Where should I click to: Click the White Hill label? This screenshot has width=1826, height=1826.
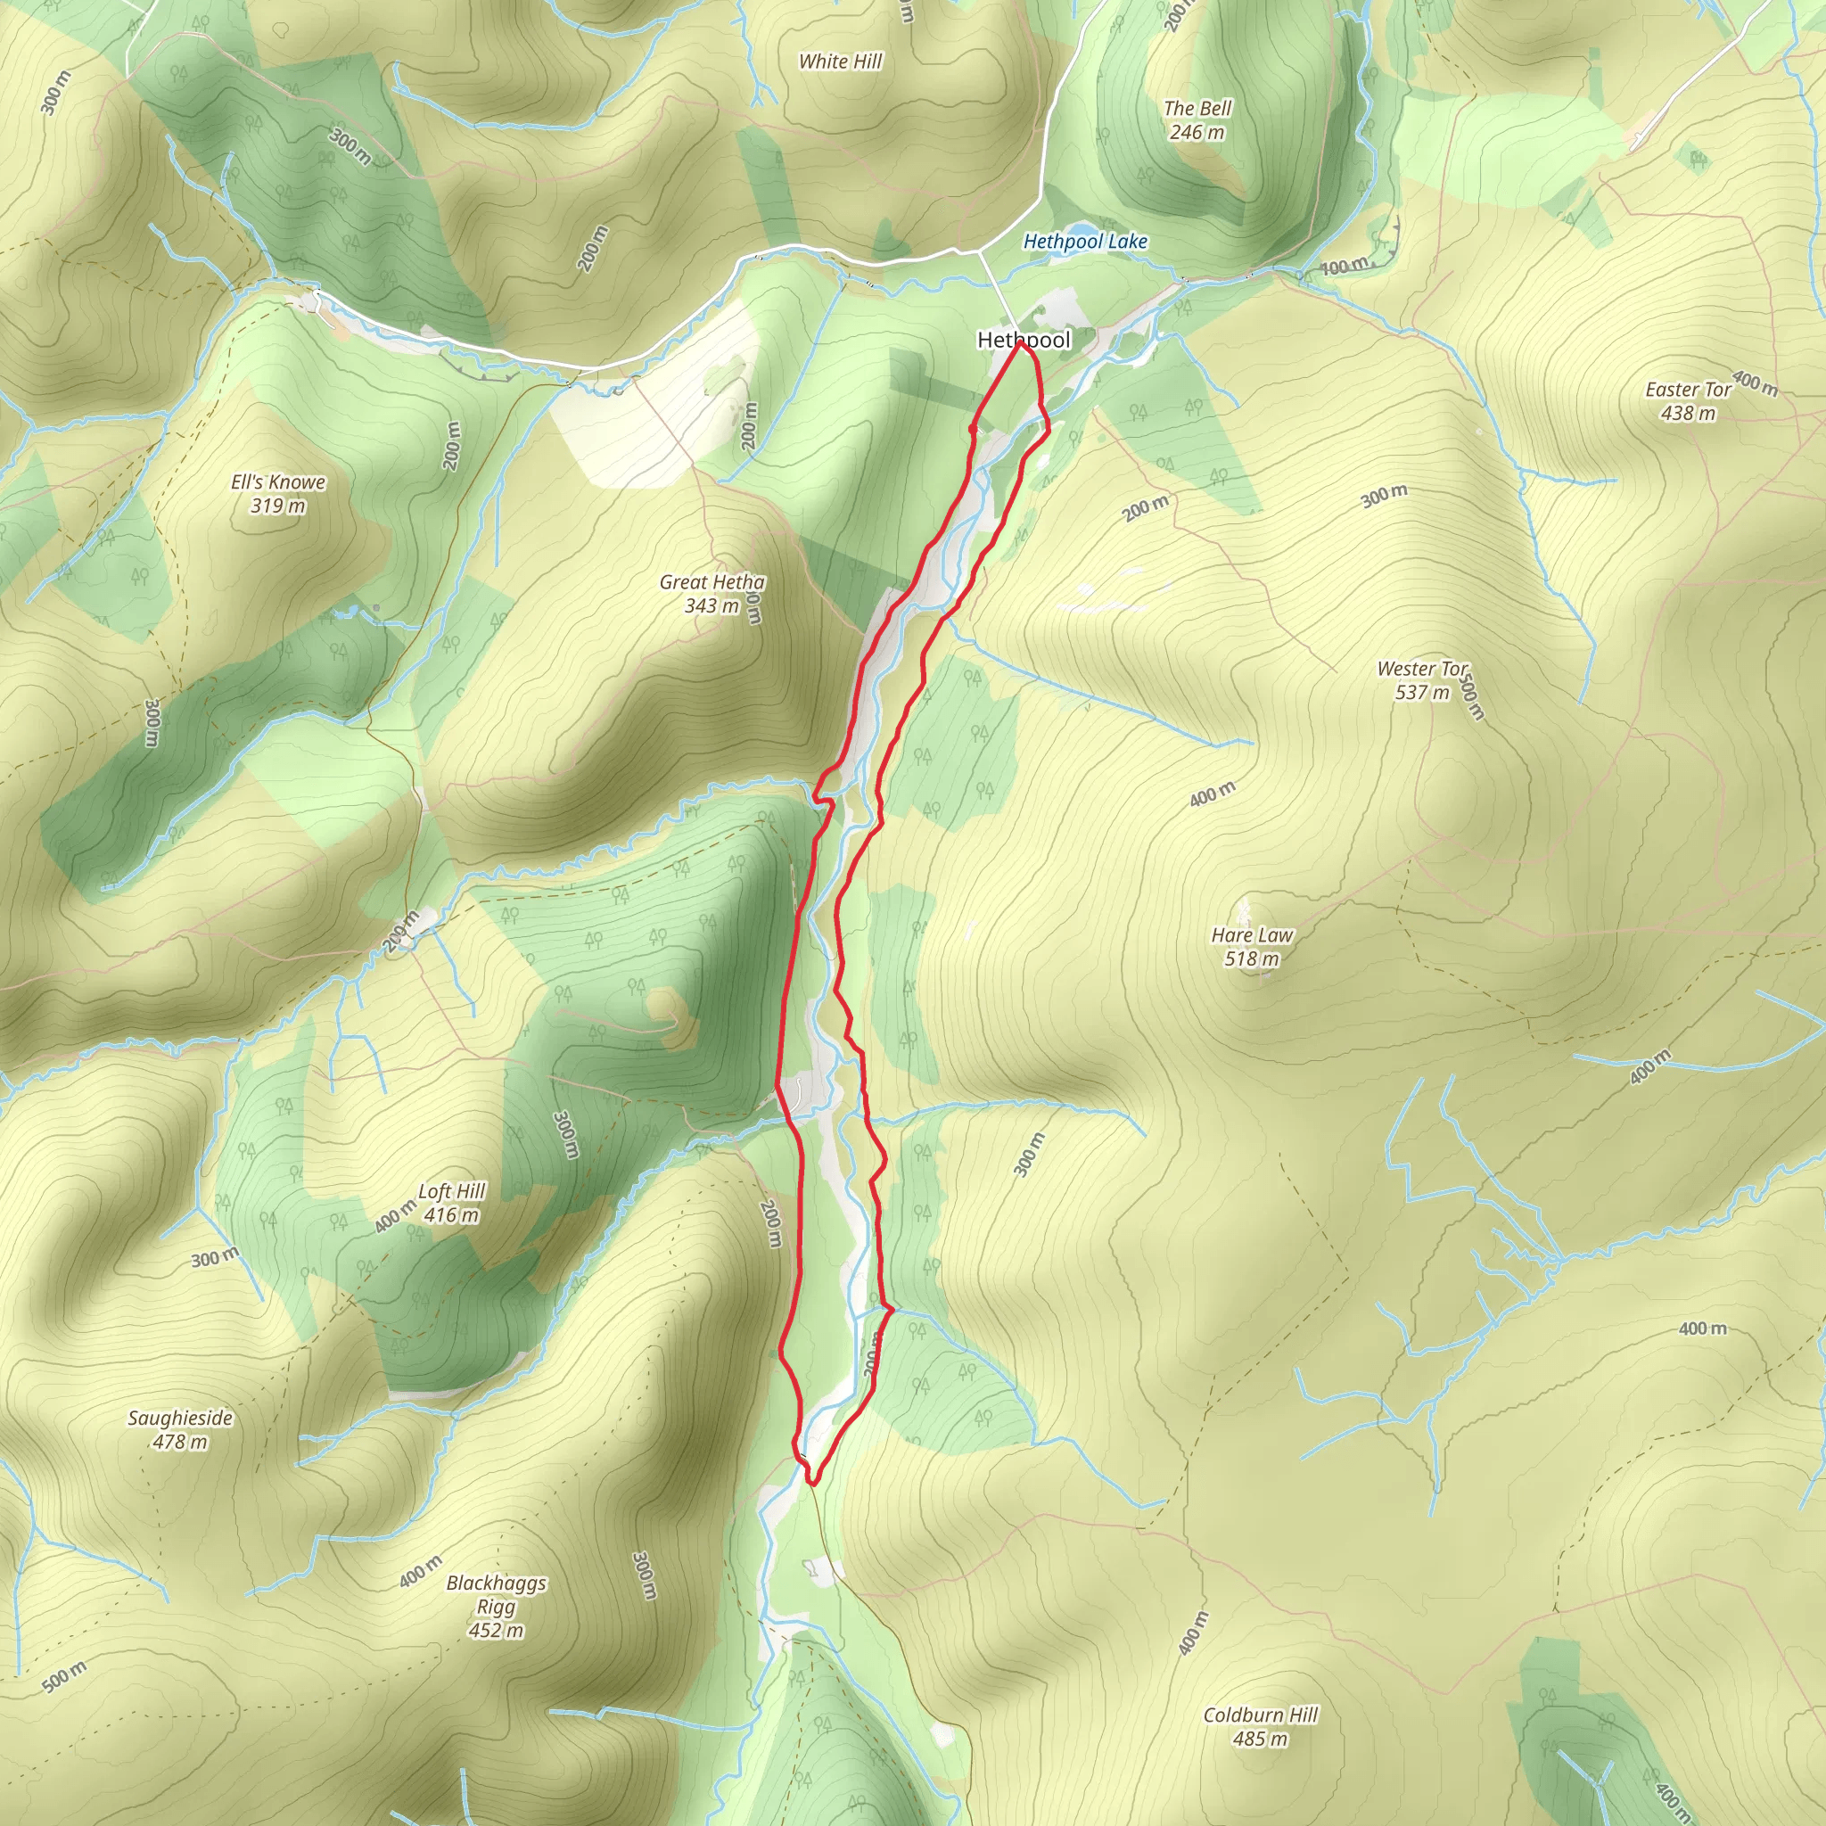coord(839,62)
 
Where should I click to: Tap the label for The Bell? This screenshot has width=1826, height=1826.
coord(1197,109)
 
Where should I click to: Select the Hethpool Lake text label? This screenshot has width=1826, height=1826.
coord(1085,242)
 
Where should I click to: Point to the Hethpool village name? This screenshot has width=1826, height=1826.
coord(1024,341)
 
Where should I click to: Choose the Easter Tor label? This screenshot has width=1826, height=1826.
coord(1688,390)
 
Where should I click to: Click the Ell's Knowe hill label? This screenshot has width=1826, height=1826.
coord(278,482)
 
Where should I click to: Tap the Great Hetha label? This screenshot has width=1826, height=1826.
coord(711,582)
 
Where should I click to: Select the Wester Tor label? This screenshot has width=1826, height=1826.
coord(1422,668)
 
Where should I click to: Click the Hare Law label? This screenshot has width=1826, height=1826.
coord(1253,934)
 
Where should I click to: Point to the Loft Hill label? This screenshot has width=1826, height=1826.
coord(452,1191)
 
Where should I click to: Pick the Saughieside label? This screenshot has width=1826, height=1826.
coord(179,1418)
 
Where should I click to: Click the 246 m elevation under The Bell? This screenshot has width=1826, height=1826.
coord(1197,132)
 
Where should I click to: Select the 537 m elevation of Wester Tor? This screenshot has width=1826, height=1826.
coord(1421,692)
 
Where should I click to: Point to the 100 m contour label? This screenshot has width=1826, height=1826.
coord(1343,267)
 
